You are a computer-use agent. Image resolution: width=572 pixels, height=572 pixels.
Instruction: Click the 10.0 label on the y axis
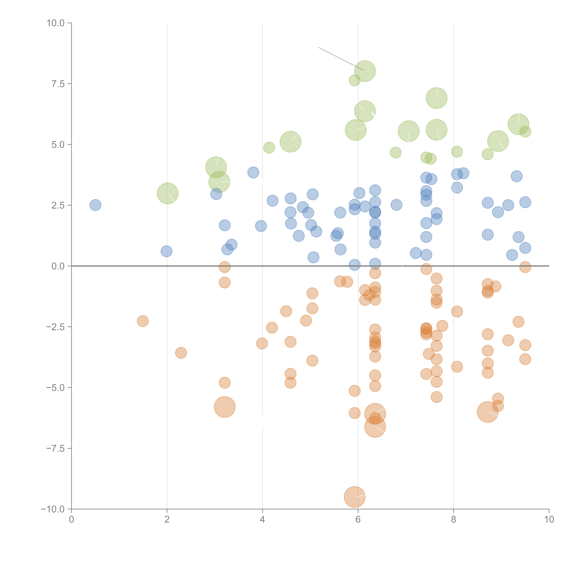pyautogui.click(x=56, y=23)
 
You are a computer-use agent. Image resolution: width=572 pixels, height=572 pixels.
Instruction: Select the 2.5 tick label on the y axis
pyautogui.click(x=58, y=205)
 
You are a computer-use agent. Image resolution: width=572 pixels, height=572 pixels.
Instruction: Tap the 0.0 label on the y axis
pyautogui.click(x=58, y=266)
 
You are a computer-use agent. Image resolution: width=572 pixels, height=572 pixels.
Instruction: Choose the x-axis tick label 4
pyautogui.click(x=262, y=520)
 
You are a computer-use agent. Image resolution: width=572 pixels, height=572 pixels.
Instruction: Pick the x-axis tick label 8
pyautogui.click(x=453, y=520)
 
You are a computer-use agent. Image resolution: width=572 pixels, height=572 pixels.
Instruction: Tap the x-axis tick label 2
pyautogui.click(x=167, y=520)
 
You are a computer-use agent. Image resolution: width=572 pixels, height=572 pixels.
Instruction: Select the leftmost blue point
pyautogui.click(x=95, y=205)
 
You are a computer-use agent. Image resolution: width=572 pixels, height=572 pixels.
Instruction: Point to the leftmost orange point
pyautogui.click(x=143, y=321)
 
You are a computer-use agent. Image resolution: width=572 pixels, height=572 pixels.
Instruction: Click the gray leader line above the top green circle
pyautogui.click(x=340, y=59)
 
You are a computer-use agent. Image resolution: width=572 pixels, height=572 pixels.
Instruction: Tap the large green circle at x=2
pyautogui.click(x=168, y=193)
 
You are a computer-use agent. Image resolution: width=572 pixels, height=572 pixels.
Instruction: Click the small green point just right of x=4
pyautogui.click(x=269, y=147)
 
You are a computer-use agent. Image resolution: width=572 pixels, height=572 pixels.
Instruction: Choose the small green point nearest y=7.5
pyautogui.click(x=354, y=80)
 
